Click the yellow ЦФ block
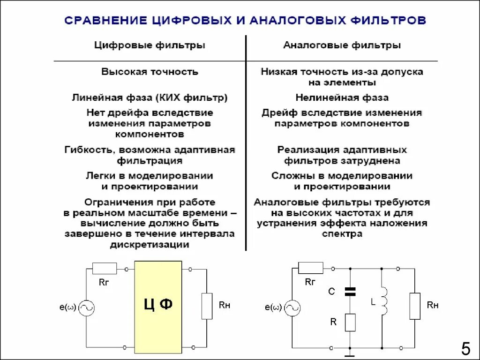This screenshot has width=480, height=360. click(158, 304)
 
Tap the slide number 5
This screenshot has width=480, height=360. click(465, 349)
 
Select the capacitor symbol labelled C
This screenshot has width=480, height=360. click(350, 292)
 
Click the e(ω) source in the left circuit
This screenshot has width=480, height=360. click(87, 308)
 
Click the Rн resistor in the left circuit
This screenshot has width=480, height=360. click(207, 305)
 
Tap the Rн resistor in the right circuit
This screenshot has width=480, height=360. click(415, 306)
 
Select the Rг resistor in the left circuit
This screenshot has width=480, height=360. click(104, 269)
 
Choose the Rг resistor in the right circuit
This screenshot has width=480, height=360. click(310, 268)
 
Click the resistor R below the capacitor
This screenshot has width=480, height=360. click(350, 322)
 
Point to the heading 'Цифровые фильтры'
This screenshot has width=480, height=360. click(150, 45)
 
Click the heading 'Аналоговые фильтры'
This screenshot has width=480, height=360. click(342, 45)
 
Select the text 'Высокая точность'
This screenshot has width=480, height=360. click(150, 72)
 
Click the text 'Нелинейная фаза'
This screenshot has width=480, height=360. click(342, 98)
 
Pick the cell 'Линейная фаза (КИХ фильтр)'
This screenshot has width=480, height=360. click(150, 98)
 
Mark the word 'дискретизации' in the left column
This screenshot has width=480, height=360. click(150, 245)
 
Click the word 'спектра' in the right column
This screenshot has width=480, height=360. click(342, 234)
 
